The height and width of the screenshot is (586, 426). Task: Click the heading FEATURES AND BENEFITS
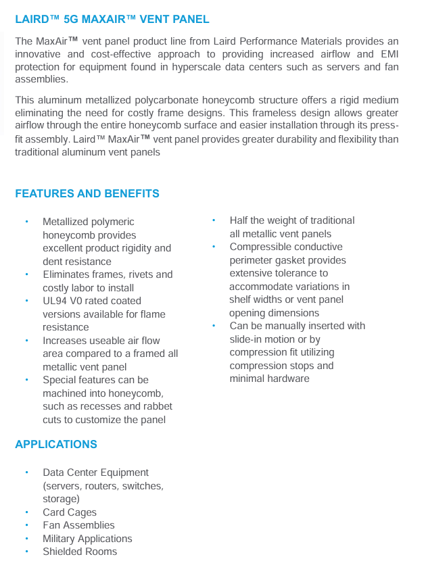coord(87,193)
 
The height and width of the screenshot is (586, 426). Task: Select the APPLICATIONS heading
coord(56,444)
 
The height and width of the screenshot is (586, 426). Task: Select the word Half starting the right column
coord(240,220)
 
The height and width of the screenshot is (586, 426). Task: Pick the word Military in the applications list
coord(62,539)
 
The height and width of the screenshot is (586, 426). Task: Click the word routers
coord(105,485)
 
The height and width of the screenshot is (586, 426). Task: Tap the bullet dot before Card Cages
coord(26,512)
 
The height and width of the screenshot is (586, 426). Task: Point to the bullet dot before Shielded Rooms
coord(26,552)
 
